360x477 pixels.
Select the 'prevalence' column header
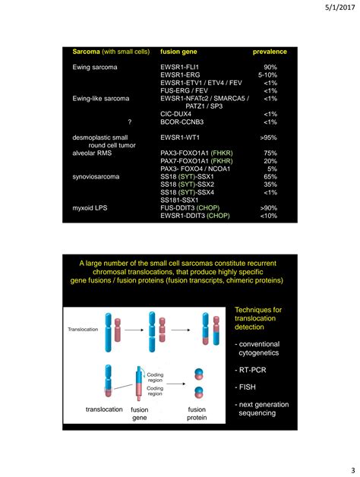pos(269,52)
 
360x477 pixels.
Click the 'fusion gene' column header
pos(181,52)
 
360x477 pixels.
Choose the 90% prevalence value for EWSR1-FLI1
pos(270,68)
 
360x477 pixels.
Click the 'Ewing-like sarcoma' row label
pos(101,98)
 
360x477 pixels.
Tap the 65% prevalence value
pos(270,176)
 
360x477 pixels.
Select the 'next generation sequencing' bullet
pos(261,409)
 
